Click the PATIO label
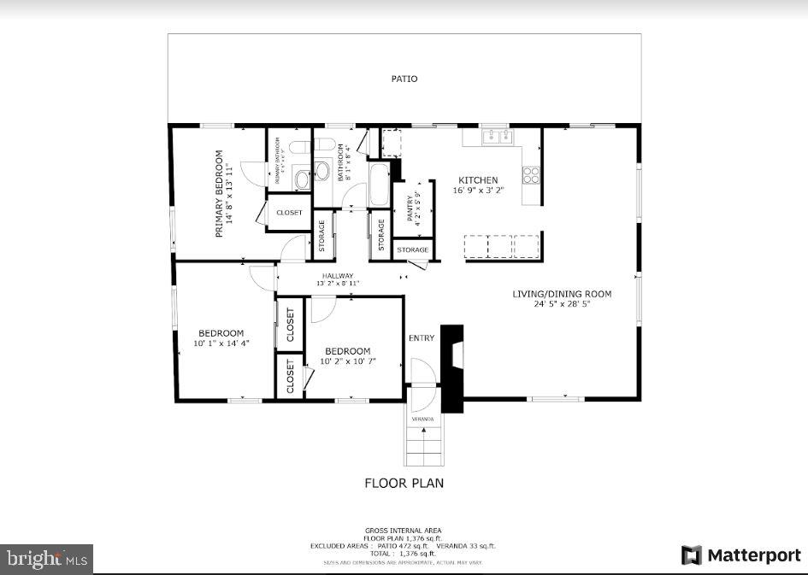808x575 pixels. click(x=404, y=79)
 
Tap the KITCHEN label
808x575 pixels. click(x=478, y=180)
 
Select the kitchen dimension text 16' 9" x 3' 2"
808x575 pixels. click(x=478, y=191)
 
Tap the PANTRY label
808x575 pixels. click(x=410, y=207)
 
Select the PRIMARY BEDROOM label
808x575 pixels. click(x=219, y=194)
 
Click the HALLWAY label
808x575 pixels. click(x=338, y=275)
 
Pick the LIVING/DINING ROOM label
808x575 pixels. click(x=562, y=294)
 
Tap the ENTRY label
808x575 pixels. click(x=422, y=338)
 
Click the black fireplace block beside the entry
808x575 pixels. click(x=451, y=367)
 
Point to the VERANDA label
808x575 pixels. click(x=422, y=420)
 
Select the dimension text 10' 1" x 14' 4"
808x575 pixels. click(x=221, y=343)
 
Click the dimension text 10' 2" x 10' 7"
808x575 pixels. click(x=348, y=361)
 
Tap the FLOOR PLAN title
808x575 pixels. click(x=404, y=483)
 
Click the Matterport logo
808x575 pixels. click(x=740, y=555)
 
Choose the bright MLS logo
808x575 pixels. click(x=46, y=560)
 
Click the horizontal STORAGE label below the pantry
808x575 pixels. click(x=413, y=249)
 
